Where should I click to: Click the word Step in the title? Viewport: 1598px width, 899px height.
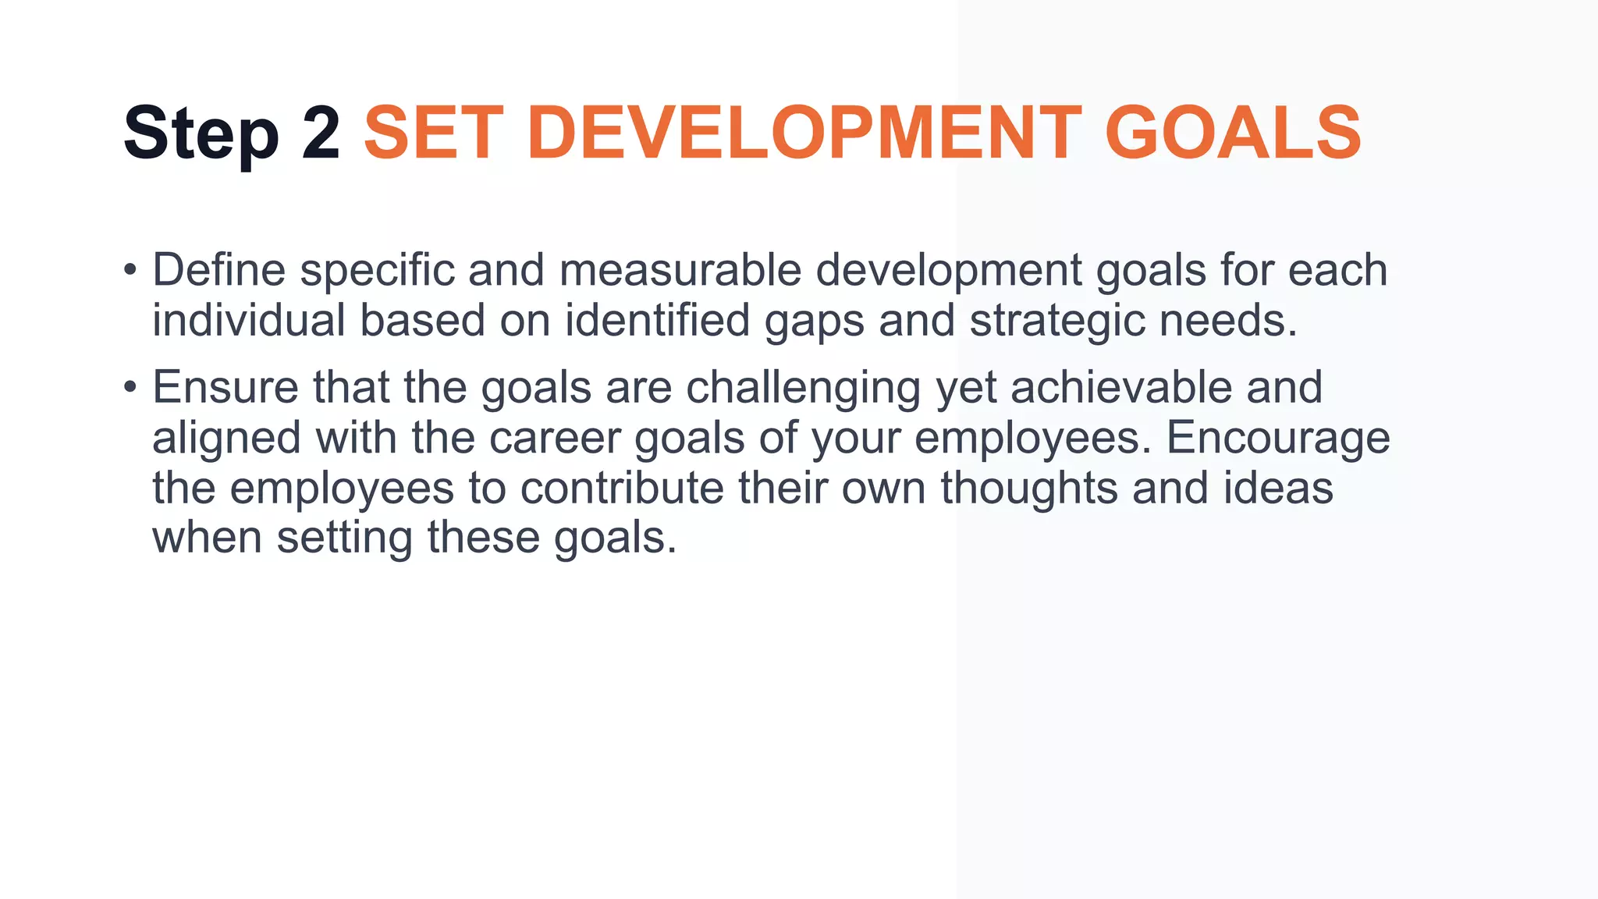point(201,134)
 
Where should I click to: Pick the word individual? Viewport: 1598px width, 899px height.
point(248,320)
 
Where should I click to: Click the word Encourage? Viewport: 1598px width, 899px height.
point(1278,439)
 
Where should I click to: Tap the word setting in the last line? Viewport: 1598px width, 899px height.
point(344,538)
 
